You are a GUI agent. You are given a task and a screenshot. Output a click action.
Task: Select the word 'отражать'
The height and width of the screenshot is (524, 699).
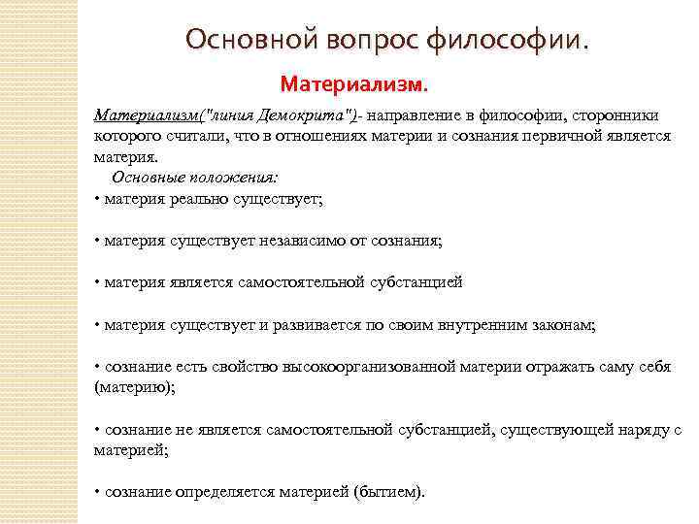click(x=535, y=367)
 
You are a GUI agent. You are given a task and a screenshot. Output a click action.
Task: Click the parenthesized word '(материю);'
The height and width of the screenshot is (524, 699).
click(x=134, y=386)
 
